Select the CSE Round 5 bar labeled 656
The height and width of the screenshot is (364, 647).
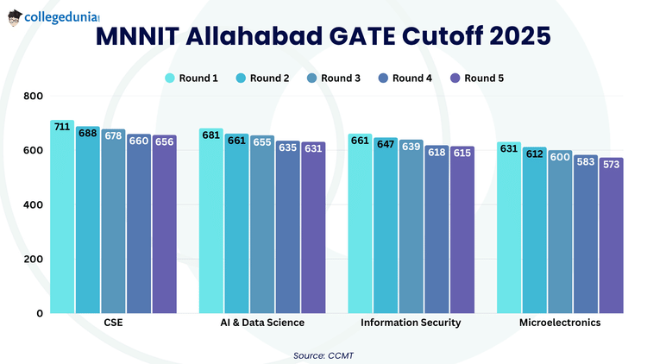pos(164,224)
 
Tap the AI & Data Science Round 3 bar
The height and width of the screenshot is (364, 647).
pos(262,224)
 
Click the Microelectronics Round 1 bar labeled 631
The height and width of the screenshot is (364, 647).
pos(509,228)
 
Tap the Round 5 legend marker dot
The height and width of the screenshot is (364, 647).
pos(454,78)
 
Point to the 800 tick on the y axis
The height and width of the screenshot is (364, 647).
pos(34,96)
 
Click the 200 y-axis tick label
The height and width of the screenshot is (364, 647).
pos(34,259)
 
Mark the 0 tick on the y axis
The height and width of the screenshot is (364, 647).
pos(39,313)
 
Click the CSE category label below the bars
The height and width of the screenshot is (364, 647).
pos(113,323)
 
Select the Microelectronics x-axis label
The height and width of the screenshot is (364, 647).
pos(560,323)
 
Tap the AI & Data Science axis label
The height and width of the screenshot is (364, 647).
pos(262,323)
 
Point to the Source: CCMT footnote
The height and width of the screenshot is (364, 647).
pos(323,355)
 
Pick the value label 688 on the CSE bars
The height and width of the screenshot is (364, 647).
pos(87,134)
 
